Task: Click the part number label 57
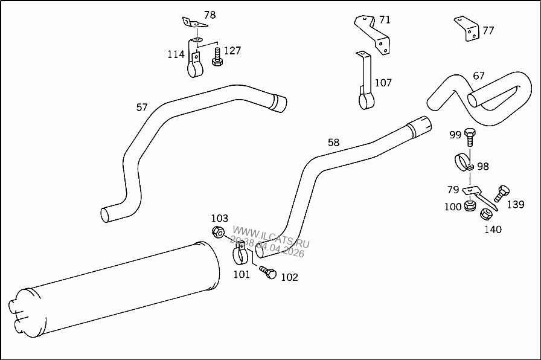click(x=142, y=108)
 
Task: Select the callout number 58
click(x=333, y=143)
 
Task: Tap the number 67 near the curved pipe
click(x=478, y=76)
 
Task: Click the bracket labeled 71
click(x=373, y=33)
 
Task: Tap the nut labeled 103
click(x=219, y=231)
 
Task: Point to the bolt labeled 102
click(x=268, y=272)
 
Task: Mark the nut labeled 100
click(x=468, y=207)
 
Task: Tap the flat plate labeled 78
click(x=194, y=24)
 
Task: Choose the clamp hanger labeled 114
click(x=195, y=62)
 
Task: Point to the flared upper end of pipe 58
click(x=418, y=126)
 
